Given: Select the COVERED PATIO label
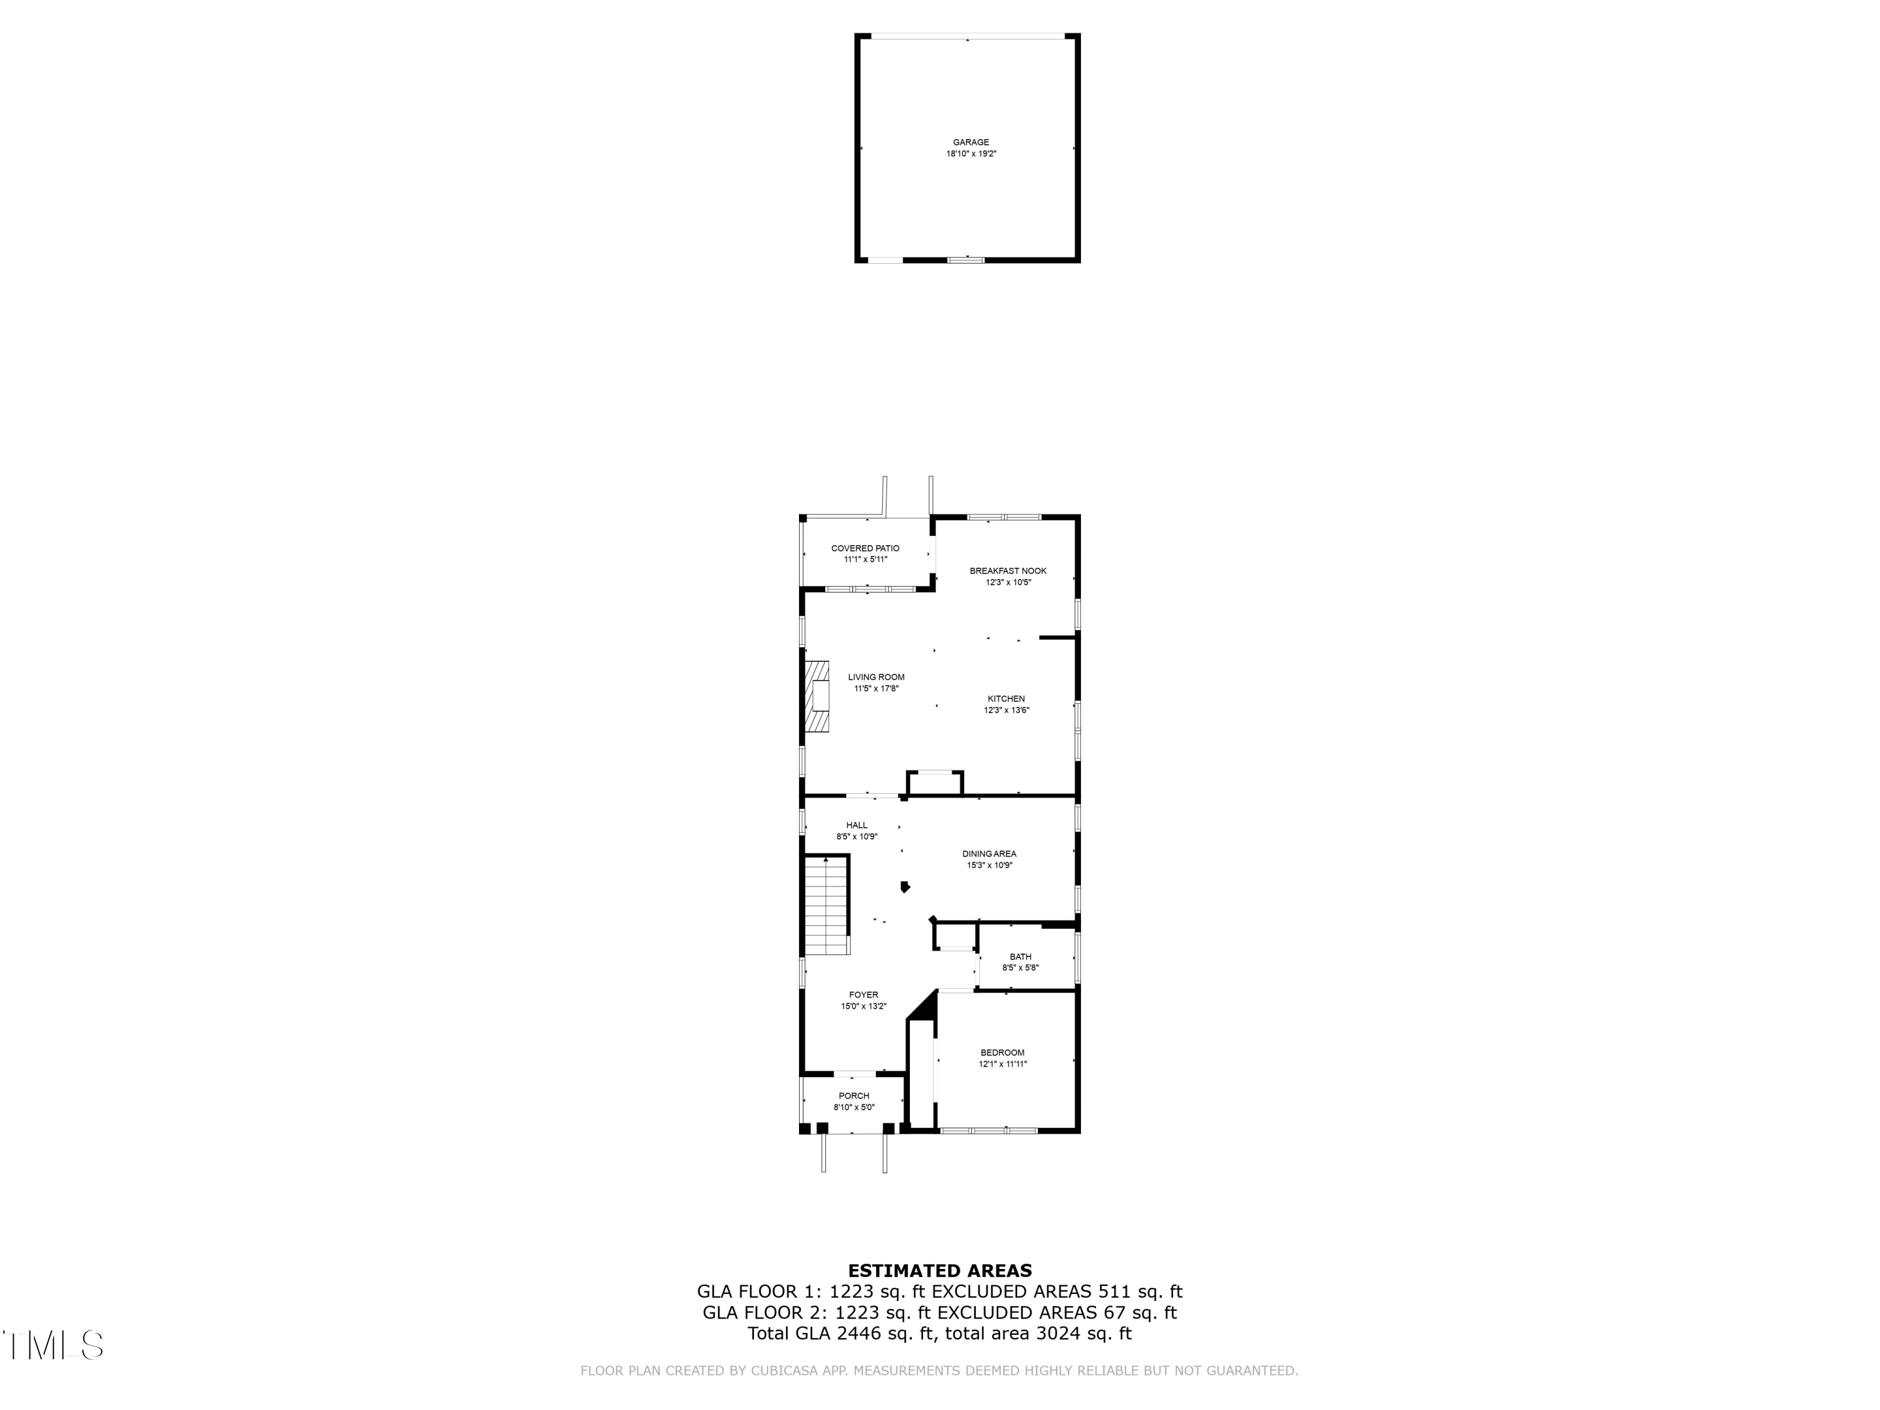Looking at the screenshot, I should point(865,549).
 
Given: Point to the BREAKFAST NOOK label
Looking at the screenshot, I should point(1008,571).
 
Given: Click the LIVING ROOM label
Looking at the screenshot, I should point(876,677).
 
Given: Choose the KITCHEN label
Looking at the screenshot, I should point(1006,699).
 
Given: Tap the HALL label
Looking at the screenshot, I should point(857,825).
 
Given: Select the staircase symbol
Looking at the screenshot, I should point(827,906).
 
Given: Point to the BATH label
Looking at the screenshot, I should point(1021,957).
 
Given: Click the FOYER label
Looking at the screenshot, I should point(864,995).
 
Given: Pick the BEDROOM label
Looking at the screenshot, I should point(1003,1053).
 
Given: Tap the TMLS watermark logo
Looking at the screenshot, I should point(53,1345).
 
